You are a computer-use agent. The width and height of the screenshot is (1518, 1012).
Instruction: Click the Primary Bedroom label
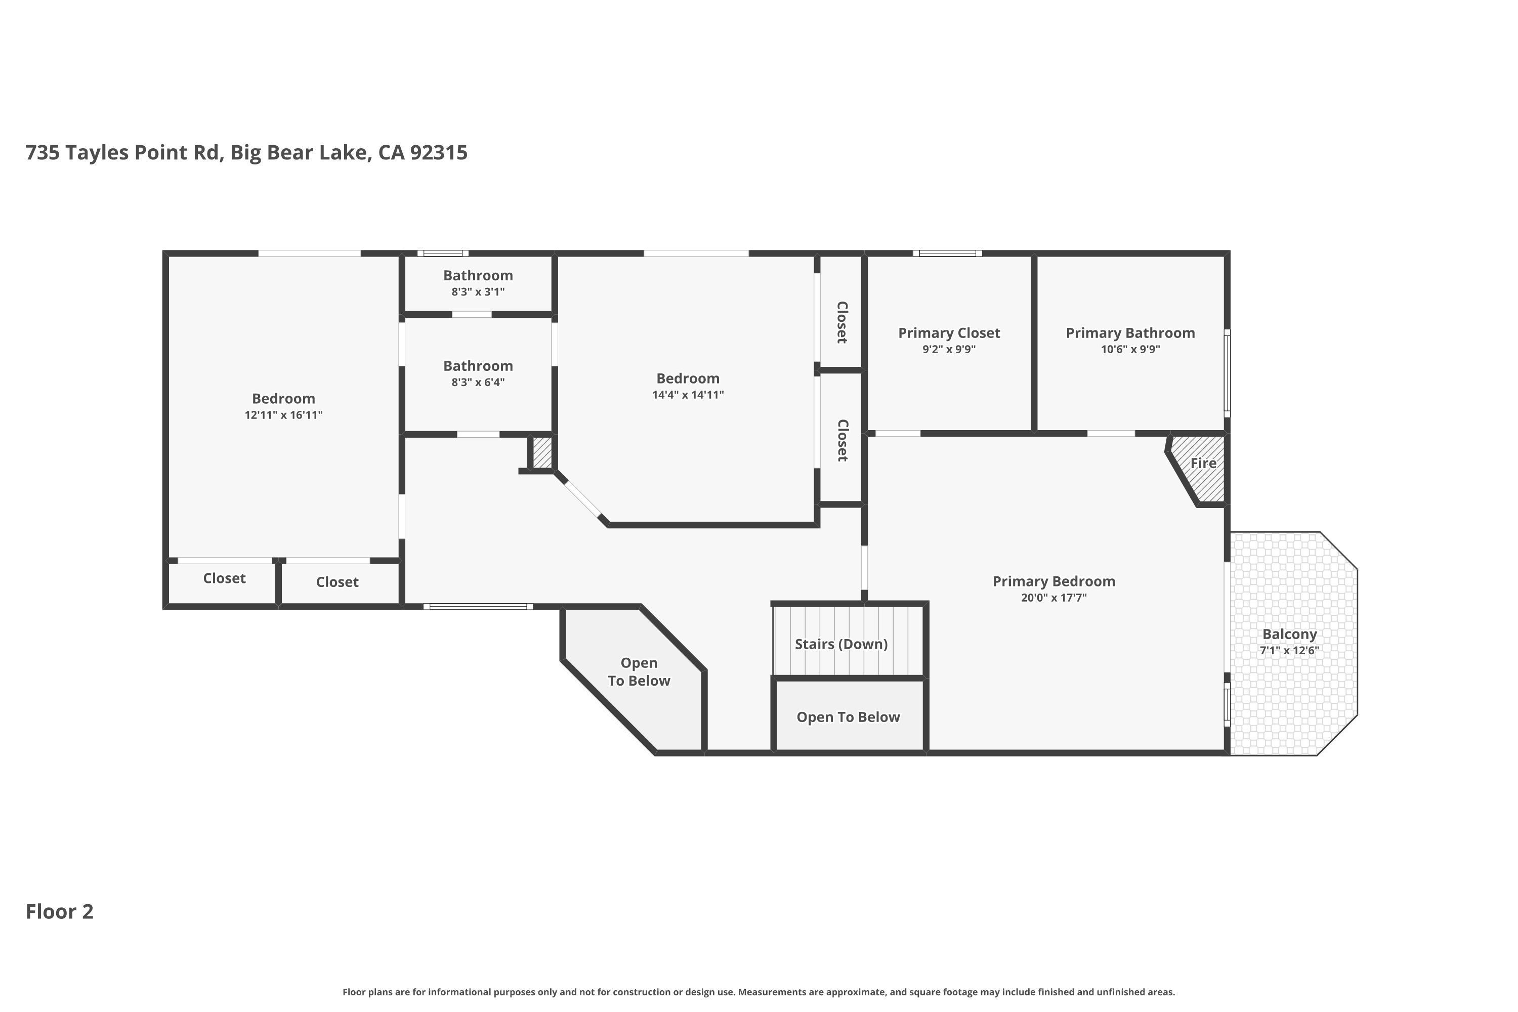coord(1053,581)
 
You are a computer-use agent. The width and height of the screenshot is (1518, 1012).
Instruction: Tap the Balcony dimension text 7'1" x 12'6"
coord(1289,651)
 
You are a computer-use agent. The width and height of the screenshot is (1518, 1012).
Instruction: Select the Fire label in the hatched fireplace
coord(1203,463)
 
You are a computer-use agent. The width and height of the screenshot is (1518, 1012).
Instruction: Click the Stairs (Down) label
coord(841,644)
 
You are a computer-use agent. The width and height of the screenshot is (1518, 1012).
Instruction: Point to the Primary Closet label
coord(949,333)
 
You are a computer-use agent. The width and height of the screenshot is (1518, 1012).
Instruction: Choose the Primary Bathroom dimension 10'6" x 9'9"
coord(1130,349)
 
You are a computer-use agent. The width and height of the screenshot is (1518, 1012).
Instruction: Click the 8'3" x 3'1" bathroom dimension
coord(478,292)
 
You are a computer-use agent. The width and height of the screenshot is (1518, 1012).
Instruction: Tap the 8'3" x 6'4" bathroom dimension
coord(478,382)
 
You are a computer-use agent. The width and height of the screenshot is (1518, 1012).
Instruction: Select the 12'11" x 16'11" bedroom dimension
coord(283,415)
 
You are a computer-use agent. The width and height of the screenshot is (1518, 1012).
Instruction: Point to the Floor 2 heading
coord(59,911)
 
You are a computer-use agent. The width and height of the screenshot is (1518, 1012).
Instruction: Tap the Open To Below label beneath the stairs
coord(848,717)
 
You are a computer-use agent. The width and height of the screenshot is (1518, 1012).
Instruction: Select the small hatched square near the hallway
coord(542,453)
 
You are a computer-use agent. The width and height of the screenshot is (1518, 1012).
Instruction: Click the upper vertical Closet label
coord(841,322)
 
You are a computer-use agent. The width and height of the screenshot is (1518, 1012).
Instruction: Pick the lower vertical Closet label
coord(841,440)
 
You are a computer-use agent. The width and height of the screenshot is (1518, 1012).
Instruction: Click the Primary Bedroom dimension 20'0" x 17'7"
coord(1053,598)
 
